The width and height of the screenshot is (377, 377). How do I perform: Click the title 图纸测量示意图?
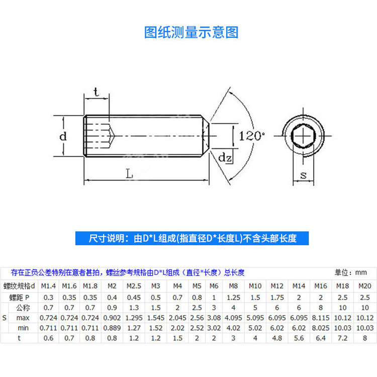(x=191, y=33)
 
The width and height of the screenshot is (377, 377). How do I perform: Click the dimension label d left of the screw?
(x=62, y=136)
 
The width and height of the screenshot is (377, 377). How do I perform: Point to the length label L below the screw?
(x=130, y=174)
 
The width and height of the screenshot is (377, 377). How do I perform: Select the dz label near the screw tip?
(x=224, y=157)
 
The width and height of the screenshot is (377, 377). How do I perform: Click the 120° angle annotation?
(x=252, y=136)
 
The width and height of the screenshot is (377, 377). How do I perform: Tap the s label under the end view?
(x=304, y=175)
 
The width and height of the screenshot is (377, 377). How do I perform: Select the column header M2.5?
(x=133, y=286)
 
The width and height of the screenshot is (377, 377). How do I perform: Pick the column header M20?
(x=364, y=286)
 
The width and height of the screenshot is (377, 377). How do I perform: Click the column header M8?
(x=233, y=286)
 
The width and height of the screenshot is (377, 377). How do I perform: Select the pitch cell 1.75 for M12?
(x=277, y=297)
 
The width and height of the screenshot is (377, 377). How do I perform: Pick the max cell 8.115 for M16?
(x=321, y=318)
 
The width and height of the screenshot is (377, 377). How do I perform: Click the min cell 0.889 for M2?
(x=111, y=328)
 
